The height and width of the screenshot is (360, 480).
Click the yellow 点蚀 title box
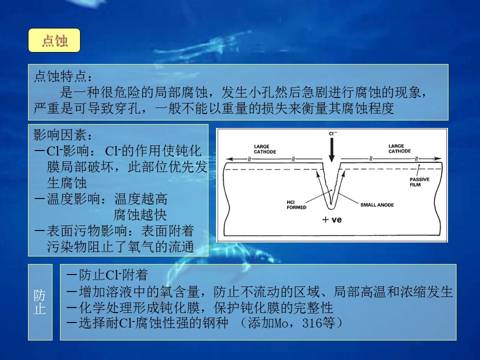click(54, 40)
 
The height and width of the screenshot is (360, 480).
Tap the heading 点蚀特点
click(60, 76)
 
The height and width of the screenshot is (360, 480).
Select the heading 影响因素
click(60, 134)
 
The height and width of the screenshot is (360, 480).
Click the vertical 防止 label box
click(40, 302)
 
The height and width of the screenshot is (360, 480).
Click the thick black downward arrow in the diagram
click(331, 149)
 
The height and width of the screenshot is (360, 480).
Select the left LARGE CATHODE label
click(265, 149)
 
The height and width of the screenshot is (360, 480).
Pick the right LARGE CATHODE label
click(399, 148)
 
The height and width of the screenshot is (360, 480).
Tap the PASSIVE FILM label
click(419, 182)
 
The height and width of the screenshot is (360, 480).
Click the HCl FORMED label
click(296, 205)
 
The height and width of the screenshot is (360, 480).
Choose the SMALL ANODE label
click(377, 205)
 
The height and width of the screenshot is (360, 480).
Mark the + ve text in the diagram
click(332, 219)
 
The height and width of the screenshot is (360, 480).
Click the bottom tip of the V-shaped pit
click(330, 209)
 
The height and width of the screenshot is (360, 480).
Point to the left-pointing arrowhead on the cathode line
click(229, 159)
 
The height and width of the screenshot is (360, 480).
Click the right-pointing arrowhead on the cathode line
click(438, 158)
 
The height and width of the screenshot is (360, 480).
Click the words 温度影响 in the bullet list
click(73, 198)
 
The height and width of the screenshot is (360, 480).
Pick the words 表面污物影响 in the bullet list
click(86, 230)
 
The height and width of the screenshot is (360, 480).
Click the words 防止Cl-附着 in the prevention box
click(113, 274)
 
